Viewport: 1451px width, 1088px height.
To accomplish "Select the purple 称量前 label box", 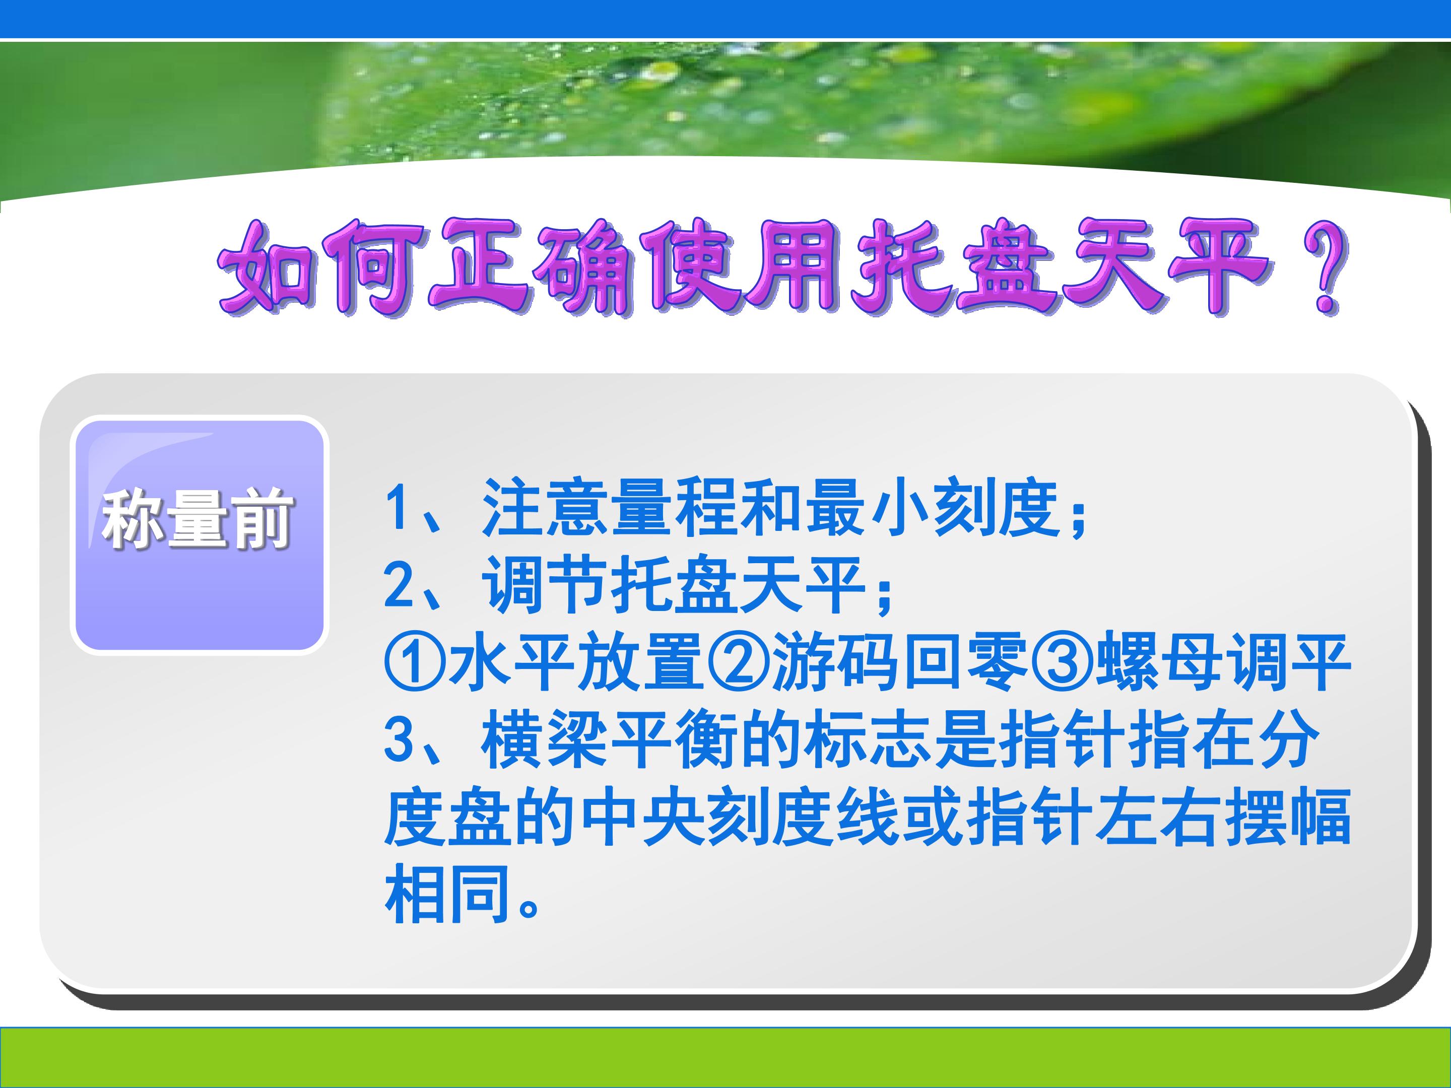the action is coord(200,534).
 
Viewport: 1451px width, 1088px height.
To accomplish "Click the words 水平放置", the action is coord(576,663).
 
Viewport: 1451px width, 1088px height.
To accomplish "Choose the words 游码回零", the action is coord(899,663).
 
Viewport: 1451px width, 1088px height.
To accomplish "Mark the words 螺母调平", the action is coord(1223,663).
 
